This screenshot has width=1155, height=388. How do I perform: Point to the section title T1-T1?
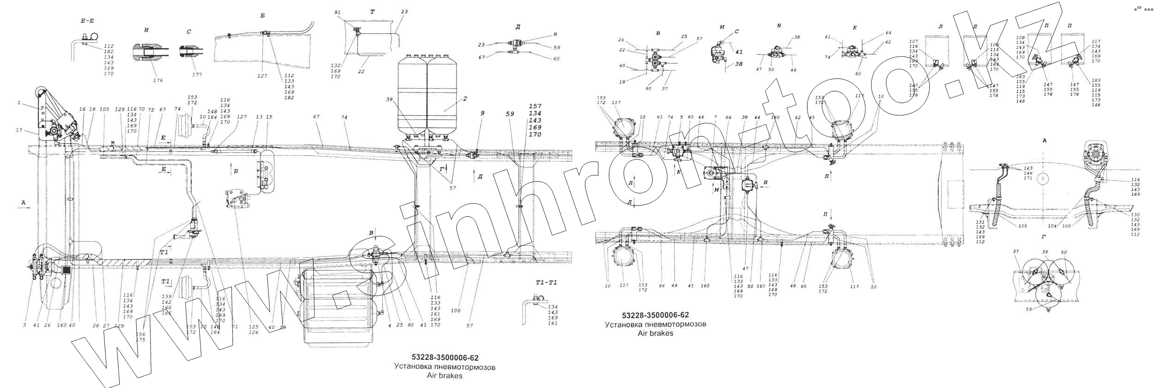pyautogui.click(x=546, y=282)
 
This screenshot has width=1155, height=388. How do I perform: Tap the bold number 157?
pyautogui.click(x=535, y=106)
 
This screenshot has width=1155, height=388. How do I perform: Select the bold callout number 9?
pyautogui.click(x=482, y=113)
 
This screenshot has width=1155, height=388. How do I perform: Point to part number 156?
pyautogui.click(x=140, y=334)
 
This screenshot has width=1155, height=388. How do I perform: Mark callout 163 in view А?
pyautogui.click(x=1024, y=168)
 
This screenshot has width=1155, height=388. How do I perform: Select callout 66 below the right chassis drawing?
pyautogui.click(x=662, y=286)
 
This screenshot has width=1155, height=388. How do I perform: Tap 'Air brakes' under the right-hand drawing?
pyautogui.click(x=655, y=333)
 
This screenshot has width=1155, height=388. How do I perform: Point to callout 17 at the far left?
pyautogui.click(x=19, y=131)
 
